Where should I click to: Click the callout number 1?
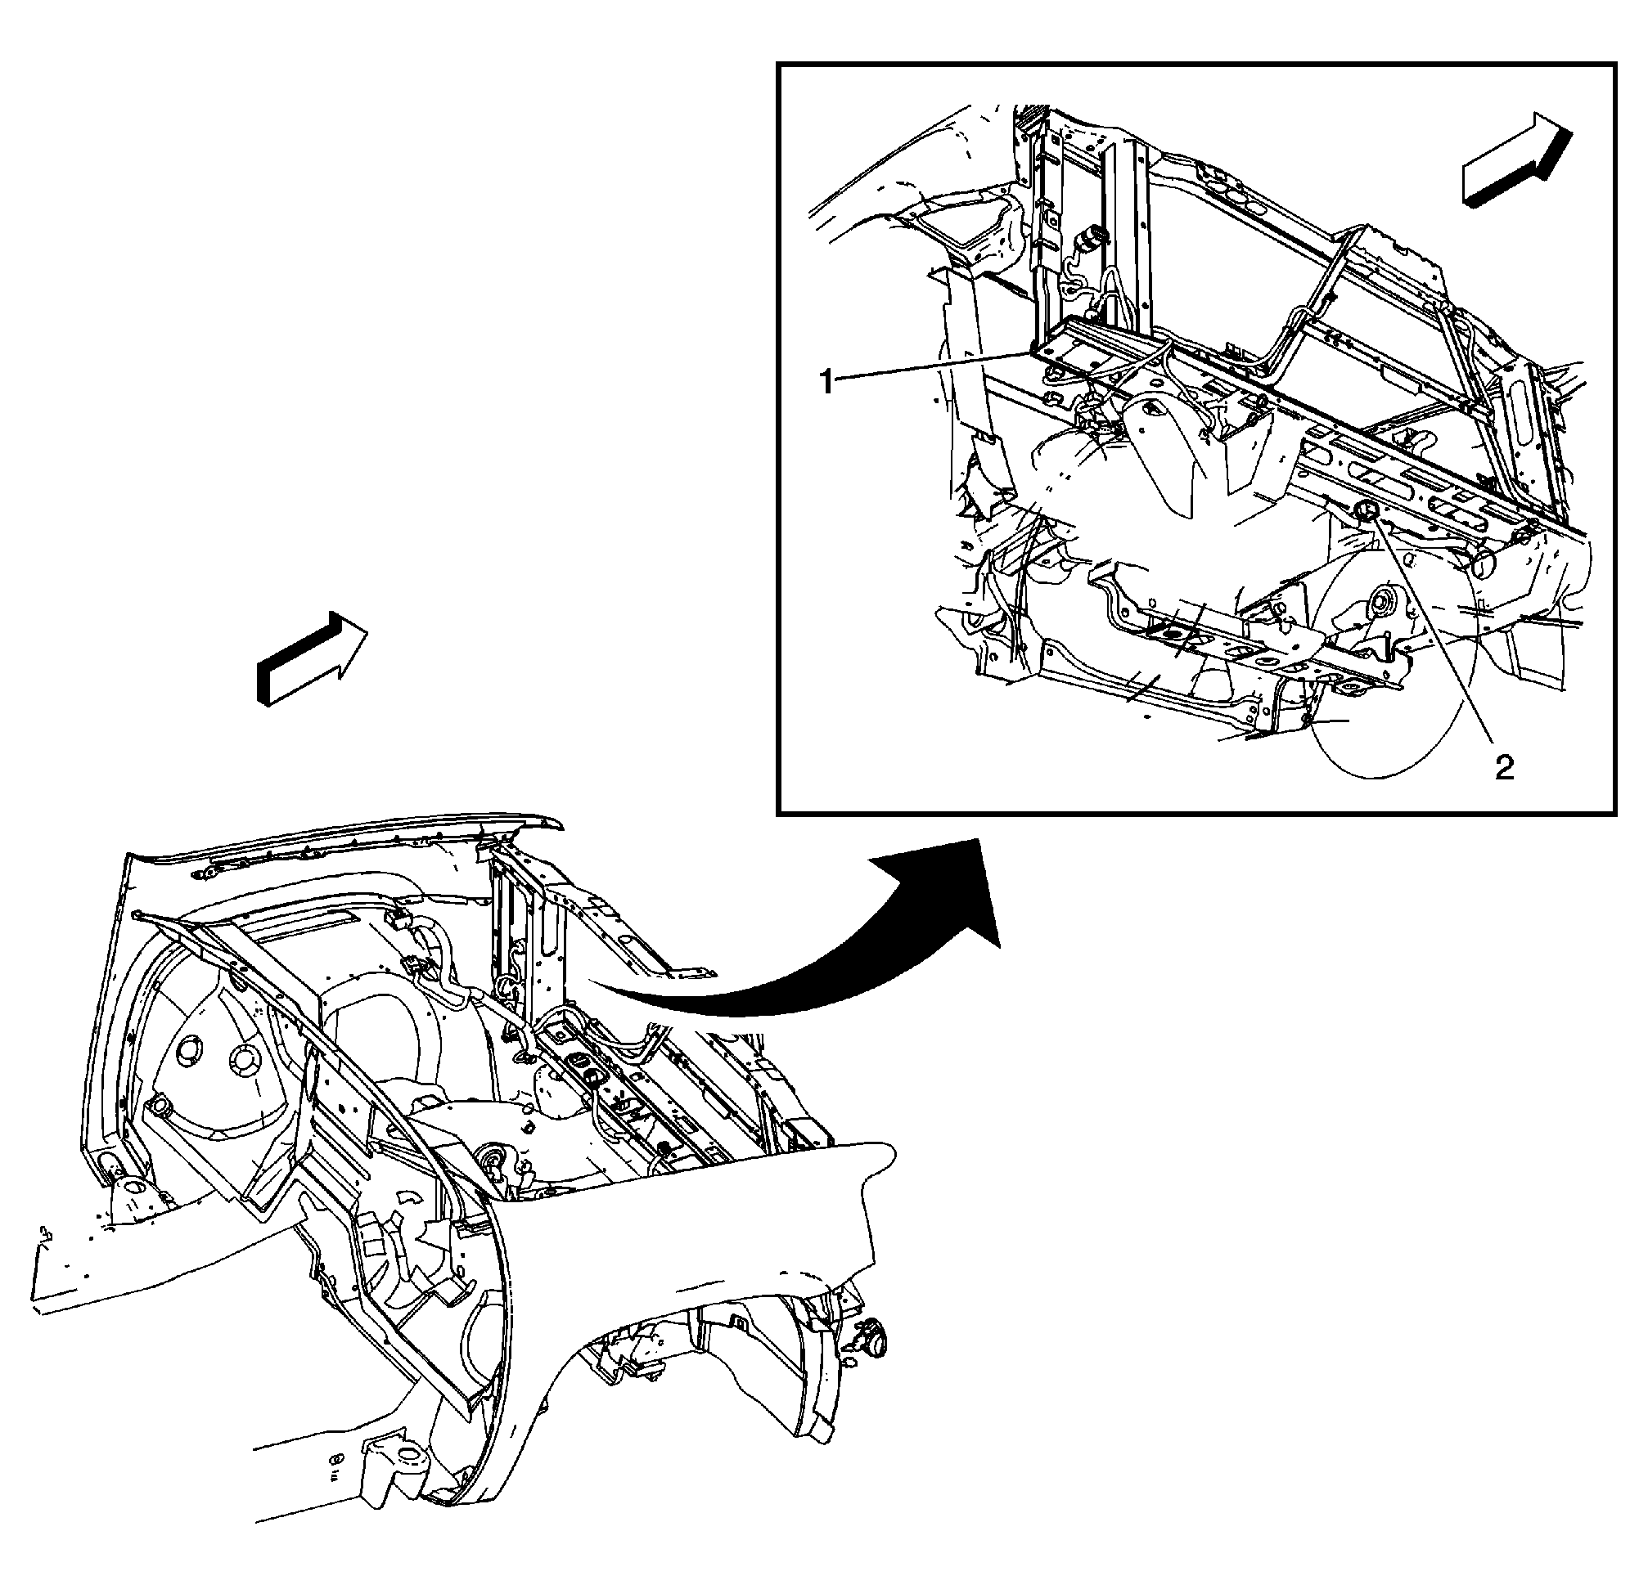click(x=828, y=383)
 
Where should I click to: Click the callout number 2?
click(x=1504, y=766)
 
